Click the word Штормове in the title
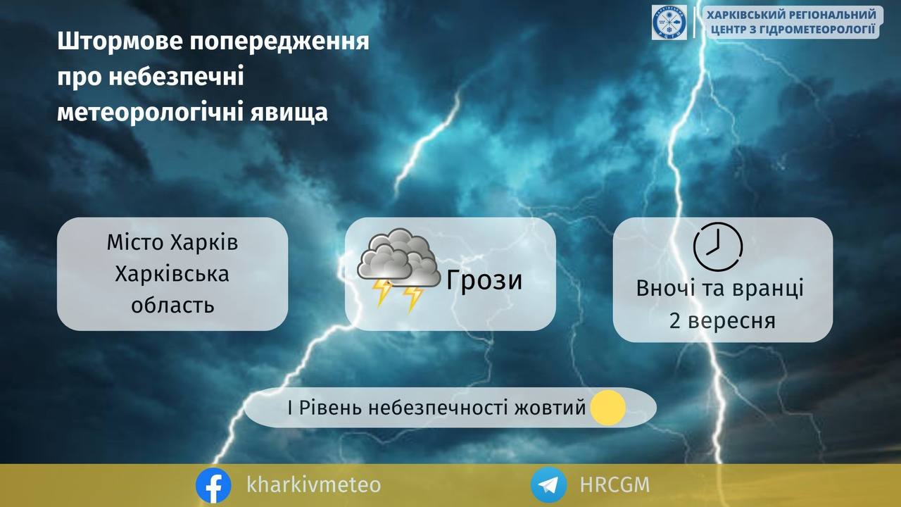coord(120,41)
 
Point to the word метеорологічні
coord(151,111)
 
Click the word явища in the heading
coord(289,113)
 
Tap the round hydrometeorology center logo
coord(669,23)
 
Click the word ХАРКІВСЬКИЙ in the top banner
coord(745,15)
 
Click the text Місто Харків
coord(172,243)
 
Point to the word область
coord(172,306)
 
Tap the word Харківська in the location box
coord(172,275)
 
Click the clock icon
coord(718,246)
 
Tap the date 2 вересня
coord(722,321)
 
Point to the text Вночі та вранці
coord(720,289)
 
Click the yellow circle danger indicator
coord(607,408)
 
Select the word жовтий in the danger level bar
coord(550,408)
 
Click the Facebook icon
coord(213,485)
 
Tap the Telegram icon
coord(548,485)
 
